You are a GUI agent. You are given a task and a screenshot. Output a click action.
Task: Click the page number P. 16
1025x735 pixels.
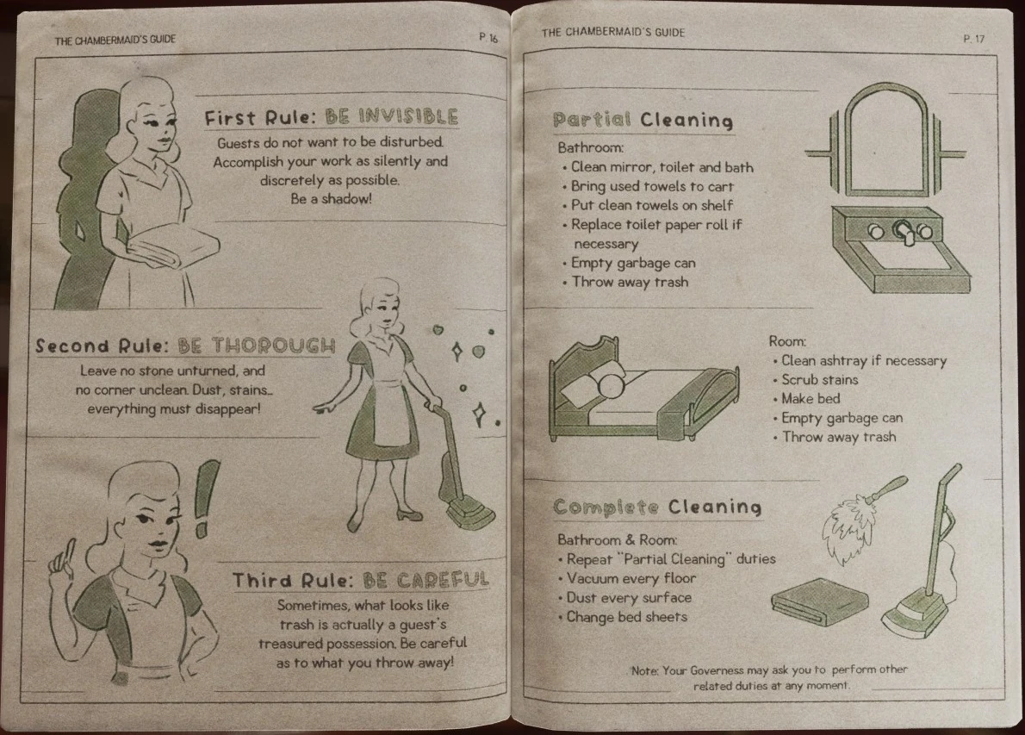click(488, 38)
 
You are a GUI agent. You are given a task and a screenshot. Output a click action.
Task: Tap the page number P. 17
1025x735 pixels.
click(973, 40)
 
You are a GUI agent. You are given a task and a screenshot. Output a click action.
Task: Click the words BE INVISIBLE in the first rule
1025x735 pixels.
click(392, 117)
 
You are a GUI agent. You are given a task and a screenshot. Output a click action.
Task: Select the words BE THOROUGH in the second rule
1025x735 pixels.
click(257, 346)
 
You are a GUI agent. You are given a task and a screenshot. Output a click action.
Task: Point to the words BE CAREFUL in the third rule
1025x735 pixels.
click(426, 580)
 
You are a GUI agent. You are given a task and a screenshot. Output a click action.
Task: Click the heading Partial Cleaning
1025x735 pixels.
click(643, 121)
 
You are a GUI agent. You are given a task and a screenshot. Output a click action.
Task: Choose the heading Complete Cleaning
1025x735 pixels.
click(657, 508)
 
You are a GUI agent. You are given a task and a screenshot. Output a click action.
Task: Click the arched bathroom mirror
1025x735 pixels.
click(885, 140)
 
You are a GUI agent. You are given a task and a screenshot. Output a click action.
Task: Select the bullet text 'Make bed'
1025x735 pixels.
click(811, 399)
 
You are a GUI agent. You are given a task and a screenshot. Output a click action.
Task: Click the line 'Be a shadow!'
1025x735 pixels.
click(331, 199)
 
